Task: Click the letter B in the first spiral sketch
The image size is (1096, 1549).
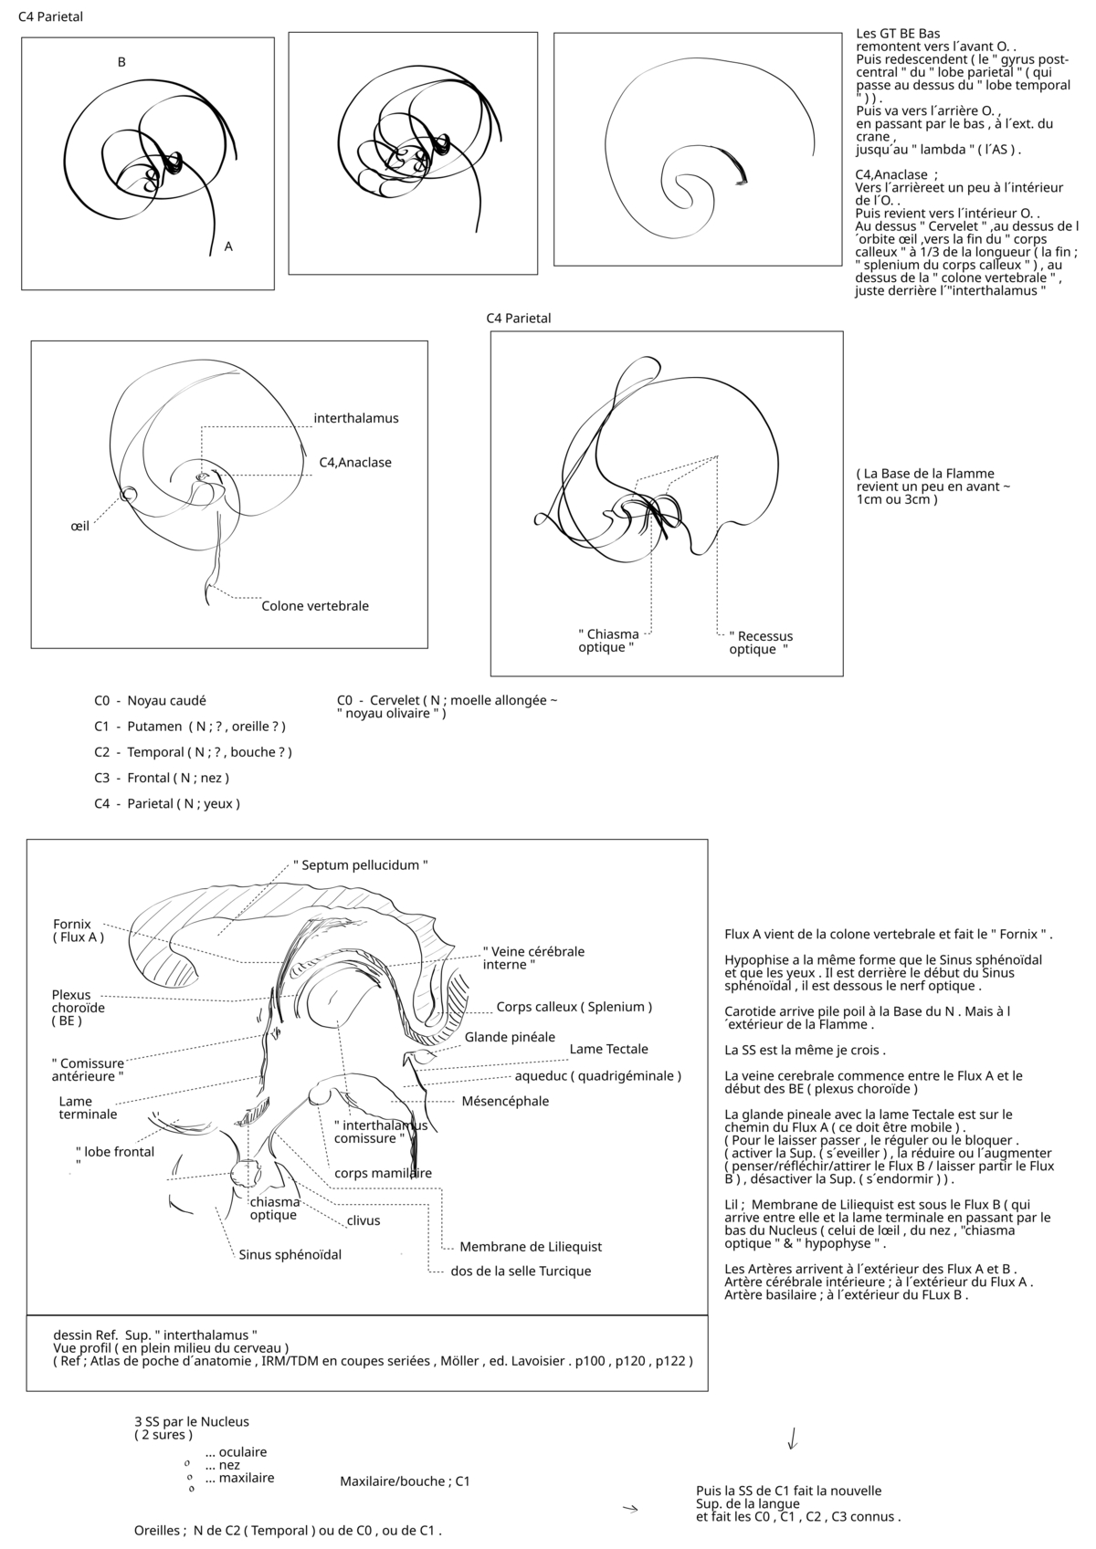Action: [x=121, y=62]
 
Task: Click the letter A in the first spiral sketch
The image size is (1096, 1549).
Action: [x=228, y=246]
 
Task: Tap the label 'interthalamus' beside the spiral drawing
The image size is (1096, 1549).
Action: [x=356, y=418]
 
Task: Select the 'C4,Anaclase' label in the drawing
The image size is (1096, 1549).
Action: [x=355, y=462]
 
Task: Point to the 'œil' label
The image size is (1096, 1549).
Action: [x=79, y=527]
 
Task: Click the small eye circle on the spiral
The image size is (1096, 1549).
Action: [x=129, y=494]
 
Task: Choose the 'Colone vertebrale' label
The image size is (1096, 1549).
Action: [x=315, y=606]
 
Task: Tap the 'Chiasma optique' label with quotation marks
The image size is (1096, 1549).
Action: [x=608, y=641]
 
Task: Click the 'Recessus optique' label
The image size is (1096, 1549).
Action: [x=760, y=643]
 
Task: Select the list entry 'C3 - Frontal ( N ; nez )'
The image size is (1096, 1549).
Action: [x=162, y=778]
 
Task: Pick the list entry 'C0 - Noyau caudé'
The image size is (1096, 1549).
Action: [x=150, y=701]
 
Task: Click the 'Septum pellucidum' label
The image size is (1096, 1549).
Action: [x=361, y=864]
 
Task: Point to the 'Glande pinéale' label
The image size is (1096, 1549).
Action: [x=510, y=1037]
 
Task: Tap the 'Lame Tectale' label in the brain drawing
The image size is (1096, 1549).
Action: [x=608, y=1049]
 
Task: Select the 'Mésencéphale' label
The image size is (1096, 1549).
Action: [x=505, y=1101]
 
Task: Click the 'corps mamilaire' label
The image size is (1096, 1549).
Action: [x=383, y=1173]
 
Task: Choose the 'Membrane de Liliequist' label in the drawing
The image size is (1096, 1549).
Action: [x=531, y=1247]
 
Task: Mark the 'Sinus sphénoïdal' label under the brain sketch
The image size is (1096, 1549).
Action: [x=290, y=1254]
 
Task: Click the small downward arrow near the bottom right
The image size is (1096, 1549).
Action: [x=792, y=1439]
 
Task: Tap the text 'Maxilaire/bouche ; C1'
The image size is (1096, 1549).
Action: [x=405, y=1481]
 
